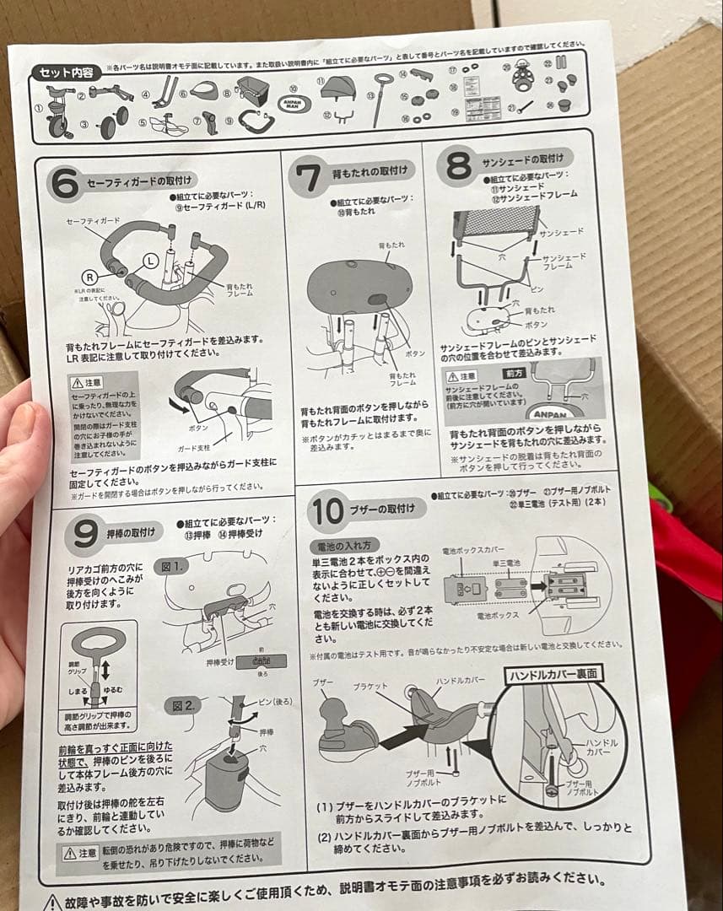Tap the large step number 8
pos(458,166)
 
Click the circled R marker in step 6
pos(87,276)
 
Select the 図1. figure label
pos(175,567)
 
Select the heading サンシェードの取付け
pos(527,158)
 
